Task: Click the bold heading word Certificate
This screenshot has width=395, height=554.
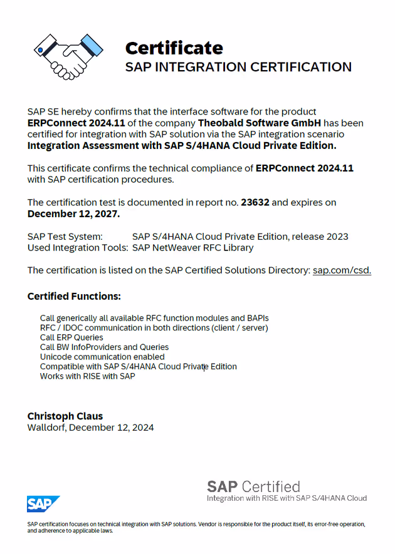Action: [174, 48]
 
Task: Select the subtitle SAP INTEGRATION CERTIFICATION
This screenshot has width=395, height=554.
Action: [238, 67]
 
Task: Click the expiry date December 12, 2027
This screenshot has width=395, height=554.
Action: [73, 213]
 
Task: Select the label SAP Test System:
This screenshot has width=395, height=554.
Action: [65, 237]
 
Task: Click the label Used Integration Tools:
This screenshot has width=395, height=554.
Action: [78, 247]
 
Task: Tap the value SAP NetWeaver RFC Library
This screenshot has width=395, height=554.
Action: [192, 247]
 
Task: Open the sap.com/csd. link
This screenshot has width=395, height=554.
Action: [342, 270]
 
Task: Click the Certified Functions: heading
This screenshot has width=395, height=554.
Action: [74, 296]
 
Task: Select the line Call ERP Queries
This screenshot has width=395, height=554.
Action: [71, 337]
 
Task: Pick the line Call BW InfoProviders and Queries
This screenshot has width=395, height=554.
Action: [104, 347]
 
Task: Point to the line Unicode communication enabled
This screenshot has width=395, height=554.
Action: [102, 357]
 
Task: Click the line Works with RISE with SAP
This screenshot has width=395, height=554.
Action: [87, 376]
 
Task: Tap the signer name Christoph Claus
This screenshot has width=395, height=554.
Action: [65, 416]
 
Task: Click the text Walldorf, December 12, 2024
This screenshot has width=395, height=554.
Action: [90, 428]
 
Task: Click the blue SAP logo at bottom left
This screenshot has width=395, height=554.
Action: [43, 504]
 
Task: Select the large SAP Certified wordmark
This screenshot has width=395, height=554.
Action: [253, 486]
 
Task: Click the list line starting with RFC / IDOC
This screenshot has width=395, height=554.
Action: [154, 327]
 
